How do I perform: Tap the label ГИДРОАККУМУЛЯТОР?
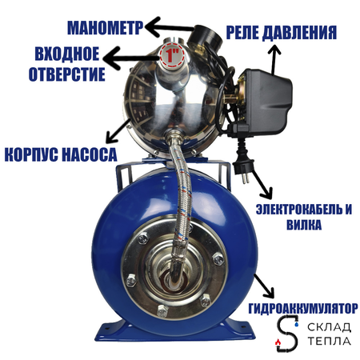point(303,307)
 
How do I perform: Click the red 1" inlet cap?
point(169,56)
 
